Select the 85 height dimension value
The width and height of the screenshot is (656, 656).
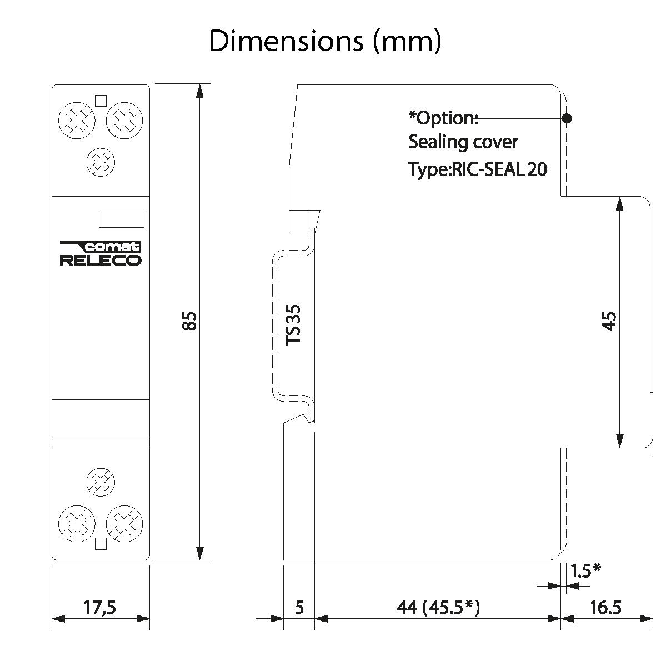pyautogui.click(x=189, y=321)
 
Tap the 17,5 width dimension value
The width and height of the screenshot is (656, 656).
pyautogui.click(x=100, y=608)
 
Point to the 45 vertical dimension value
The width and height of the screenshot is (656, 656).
pyautogui.click(x=609, y=321)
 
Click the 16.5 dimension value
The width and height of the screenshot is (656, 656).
pyautogui.click(x=605, y=608)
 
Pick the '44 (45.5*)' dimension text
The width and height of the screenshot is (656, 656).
pyautogui.click(x=438, y=608)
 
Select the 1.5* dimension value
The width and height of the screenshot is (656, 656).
pyautogui.click(x=585, y=570)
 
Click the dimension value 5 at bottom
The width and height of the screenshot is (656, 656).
pyautogui.click(x=299, y=608)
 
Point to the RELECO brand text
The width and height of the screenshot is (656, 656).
pyautogui.click(x=101, y=261)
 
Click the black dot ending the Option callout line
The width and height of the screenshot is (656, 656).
pyautogui.click(x=567, y=118)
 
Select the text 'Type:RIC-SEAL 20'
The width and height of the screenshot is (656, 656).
pyautogui.click(x=478, y=169)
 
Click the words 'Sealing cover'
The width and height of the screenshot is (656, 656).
pyautogui.click(x=463, y=142)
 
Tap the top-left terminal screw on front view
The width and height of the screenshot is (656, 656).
pyautogui.click(x=77, y=121)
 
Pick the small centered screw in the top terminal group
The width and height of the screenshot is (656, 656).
pyautogui.click(x=101, y=162)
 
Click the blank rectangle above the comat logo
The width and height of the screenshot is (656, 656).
pyautogui.click(x=121, y=220)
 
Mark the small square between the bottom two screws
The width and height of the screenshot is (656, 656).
pyautogui.click(x=101, y=544)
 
